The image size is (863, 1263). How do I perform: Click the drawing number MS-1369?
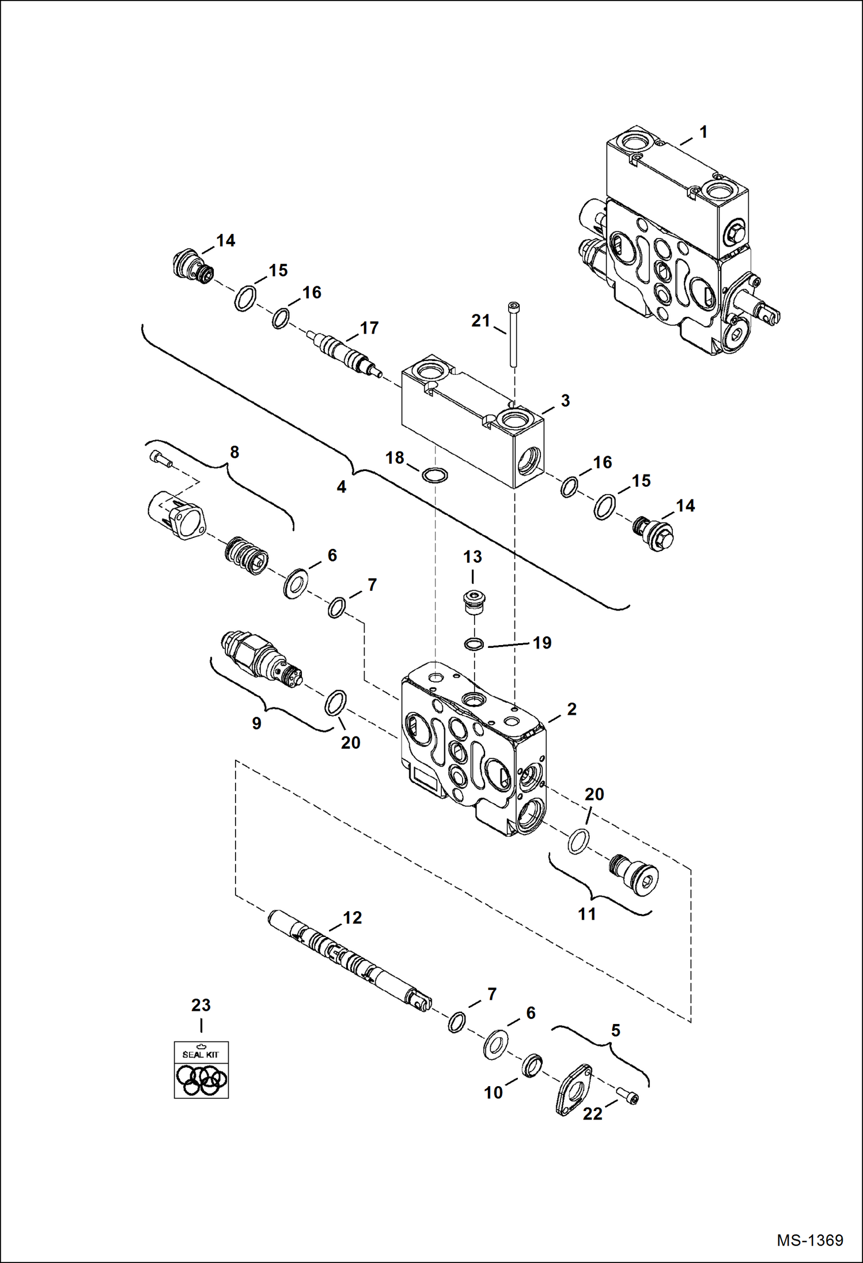[x=809, y=1240]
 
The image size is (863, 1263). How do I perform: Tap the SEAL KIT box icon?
[x=201, y=1069]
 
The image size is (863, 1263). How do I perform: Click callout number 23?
[x=200, y=1005]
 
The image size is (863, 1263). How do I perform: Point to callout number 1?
[x=703, y=132]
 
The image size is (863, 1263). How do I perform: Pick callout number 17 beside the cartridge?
[x=369, y=328]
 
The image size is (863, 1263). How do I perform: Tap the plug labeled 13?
[x=474, y=602]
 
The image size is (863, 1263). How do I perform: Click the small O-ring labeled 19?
[x=474, y=643]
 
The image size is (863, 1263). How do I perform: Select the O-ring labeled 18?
[x=434, y=476]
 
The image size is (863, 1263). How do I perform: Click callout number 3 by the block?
[x=565, y=400]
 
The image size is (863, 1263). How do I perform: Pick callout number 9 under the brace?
[x=256, y=723]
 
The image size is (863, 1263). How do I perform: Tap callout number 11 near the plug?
[x=586, y=913]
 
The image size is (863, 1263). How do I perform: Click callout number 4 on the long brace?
[x=341, y=487]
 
